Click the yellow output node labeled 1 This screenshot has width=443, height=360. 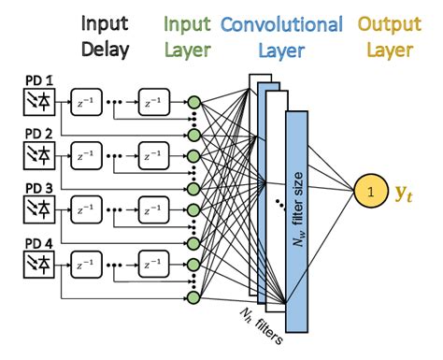coord(370,193)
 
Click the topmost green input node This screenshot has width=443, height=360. coord(193,102)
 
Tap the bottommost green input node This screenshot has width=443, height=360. coord(193,298)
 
